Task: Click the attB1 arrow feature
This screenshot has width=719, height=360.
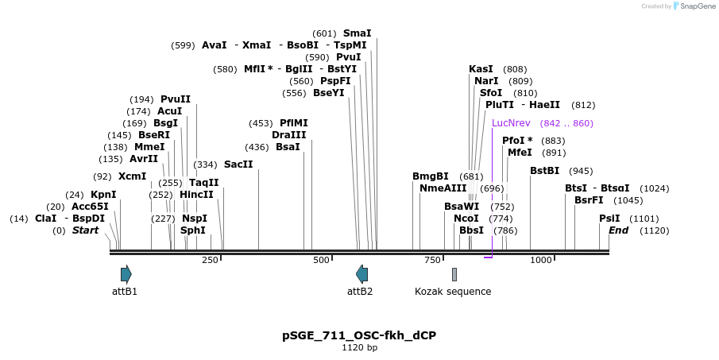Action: [126, 274]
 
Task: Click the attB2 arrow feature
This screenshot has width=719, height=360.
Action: [362, 274]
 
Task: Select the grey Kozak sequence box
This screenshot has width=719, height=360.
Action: [454, 274]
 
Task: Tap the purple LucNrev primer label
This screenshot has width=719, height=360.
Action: [511, 123]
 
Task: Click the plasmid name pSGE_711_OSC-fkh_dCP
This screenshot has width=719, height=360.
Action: [359, 335]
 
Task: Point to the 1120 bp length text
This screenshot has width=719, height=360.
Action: [359, 347]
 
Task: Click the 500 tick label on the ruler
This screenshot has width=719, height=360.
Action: [321, 260]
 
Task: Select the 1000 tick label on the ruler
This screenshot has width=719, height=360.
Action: [541, 260]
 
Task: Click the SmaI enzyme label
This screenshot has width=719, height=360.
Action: [357, 33]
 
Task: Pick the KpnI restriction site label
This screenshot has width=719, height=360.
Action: [103, 195]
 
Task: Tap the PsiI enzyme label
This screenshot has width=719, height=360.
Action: [609, 219]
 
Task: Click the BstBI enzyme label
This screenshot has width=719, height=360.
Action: [544, 171]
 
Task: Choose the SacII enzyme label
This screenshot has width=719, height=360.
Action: [238, 165]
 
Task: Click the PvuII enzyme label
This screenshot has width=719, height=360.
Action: [176, 99]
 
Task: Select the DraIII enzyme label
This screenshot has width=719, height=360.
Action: [286, 135]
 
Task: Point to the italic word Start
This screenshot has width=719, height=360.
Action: [85, 230]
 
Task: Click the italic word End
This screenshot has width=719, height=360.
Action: [619, 230]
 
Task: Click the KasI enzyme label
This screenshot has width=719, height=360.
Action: [481, 69]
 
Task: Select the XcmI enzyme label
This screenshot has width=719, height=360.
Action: [132, 176]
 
